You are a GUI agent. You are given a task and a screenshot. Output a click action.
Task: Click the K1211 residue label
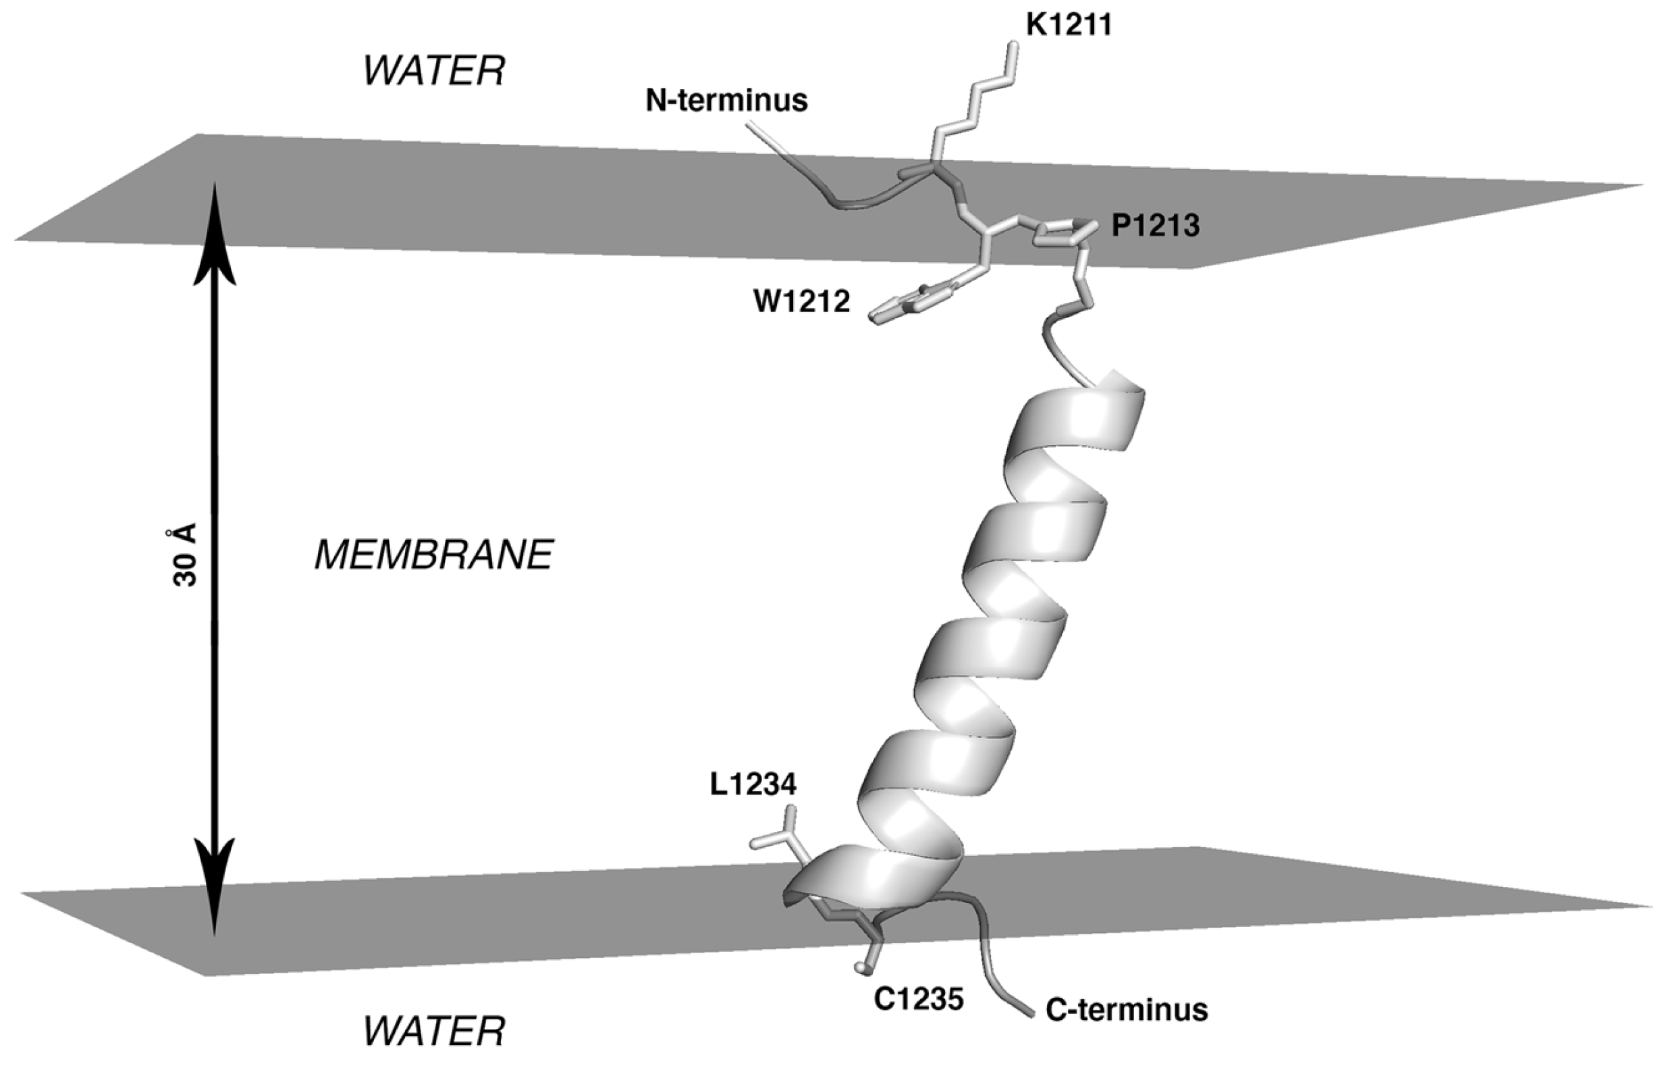coord(1069,26)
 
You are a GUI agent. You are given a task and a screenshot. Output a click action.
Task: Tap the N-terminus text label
coord(726,101)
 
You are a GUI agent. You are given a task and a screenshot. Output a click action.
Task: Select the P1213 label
coord(1156,226)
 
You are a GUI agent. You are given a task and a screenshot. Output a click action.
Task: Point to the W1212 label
coord(802,302)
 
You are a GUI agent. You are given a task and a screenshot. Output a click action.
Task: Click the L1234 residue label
coord(753,784)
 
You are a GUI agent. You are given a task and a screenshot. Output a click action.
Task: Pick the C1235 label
coord(919,1000)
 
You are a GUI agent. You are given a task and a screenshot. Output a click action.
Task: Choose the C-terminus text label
coord(1127,1010)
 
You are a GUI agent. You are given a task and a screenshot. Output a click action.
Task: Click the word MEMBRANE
coord(434,555)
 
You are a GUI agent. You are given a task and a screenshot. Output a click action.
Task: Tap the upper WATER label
coord(434,72)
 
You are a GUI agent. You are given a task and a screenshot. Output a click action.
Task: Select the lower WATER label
coord(434,1032)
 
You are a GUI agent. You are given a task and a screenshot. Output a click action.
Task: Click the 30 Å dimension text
coord(185,555)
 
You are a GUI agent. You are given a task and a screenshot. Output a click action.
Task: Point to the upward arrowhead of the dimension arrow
coord(215,228)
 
